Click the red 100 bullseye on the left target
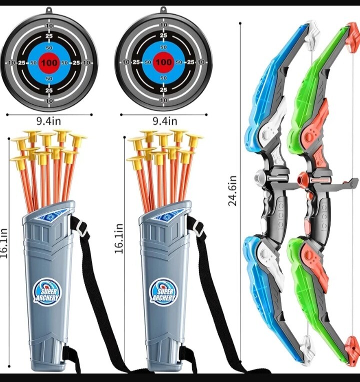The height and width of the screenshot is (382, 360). tap(49, 63)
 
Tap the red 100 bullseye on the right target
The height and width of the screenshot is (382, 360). tap(163, 62)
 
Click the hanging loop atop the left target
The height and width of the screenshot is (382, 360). tap(49, 11)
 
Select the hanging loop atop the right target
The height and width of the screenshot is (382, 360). tap(163, 10)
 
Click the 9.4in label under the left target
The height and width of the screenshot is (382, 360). tap(49, 121)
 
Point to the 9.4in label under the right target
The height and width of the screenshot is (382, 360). tap(164, 121)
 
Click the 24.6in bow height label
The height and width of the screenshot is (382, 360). tap(232, 191)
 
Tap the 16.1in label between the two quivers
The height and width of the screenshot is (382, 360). tap(119, 238)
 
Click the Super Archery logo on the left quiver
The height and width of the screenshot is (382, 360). tap(46, 292)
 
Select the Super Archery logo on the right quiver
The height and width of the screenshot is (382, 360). tap(163, 292)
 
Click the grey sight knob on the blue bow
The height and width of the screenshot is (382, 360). tap(260, 177)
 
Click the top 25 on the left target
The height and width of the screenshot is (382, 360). tap(49, 36)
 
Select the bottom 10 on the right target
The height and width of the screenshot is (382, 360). tap(163, 100)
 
